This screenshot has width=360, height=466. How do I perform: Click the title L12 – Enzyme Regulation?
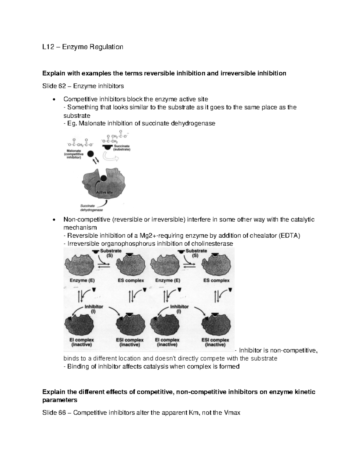click(x=83, y=47)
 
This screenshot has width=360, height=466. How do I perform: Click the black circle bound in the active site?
click(x=103, y=178)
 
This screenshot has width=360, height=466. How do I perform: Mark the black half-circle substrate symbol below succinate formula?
click(x=106, y=147)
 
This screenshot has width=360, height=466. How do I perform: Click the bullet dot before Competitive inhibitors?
click(x=54, y=100)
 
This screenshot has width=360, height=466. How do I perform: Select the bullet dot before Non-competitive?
click(x=54, y=220)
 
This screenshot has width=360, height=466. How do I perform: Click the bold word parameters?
click(x=60, y=400)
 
